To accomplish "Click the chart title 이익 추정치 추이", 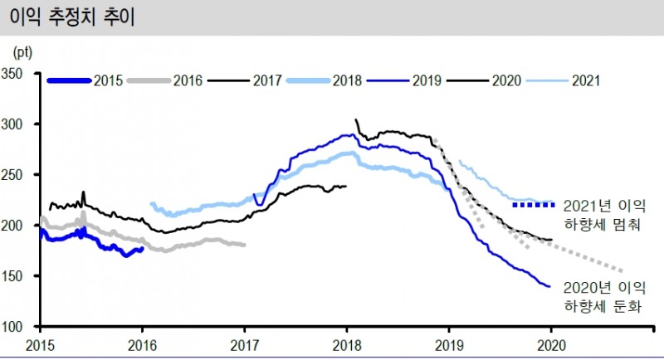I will click(71, 17).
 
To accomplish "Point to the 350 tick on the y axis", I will click(19, 74).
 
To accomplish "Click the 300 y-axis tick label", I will click(19, 124).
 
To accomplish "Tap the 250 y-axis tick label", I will click(19, 175).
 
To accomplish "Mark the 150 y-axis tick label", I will click(19, 276).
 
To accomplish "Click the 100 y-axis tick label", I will click(19, 327).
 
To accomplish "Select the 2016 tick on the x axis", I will click(143, 343).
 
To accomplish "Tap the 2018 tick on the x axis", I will click(347, 343).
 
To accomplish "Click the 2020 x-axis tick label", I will click(551, 343).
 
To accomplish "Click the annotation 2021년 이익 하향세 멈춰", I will click(604, 213).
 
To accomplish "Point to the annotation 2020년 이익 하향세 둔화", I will click(604, 297).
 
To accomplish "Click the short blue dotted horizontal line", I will click(535, 204).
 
